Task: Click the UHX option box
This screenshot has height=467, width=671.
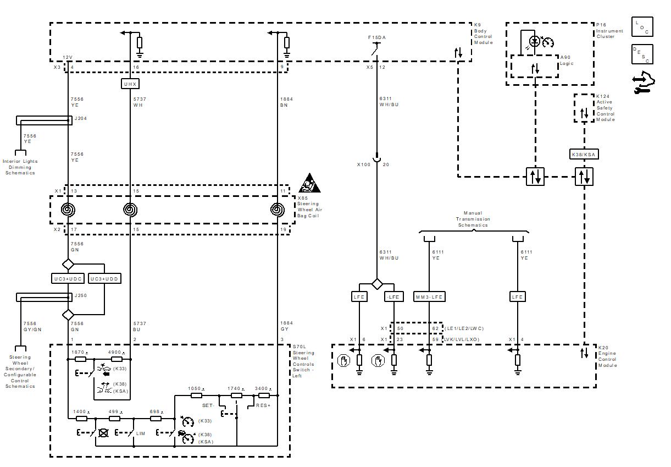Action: (130, 84)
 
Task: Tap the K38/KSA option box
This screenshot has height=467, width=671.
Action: (584, 155)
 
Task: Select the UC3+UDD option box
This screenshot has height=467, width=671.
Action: (104, 278)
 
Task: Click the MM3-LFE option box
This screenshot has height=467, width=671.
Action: (429, 296)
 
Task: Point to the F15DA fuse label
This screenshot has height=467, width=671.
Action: (377, 37)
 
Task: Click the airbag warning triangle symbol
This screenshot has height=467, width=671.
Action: (309, 183)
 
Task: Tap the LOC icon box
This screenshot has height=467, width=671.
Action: (642, 27)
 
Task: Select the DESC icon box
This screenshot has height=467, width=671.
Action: (642, 54)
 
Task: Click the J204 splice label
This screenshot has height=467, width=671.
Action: (81, 118)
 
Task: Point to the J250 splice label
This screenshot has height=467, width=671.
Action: (81, 295)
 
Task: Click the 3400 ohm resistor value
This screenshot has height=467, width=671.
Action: (263, 388)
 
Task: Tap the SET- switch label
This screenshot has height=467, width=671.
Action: (208, 405)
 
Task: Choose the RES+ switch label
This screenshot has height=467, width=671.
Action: (263, 405)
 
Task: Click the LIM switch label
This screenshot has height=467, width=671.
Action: (141, 433)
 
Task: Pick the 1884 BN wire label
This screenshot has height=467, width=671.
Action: (286, 102)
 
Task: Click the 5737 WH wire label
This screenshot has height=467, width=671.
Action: (140, 102)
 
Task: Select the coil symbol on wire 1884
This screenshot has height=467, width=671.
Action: (278, 210)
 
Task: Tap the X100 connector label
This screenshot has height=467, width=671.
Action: (364, 164)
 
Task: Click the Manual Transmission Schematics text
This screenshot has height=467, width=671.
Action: (473, 219)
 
